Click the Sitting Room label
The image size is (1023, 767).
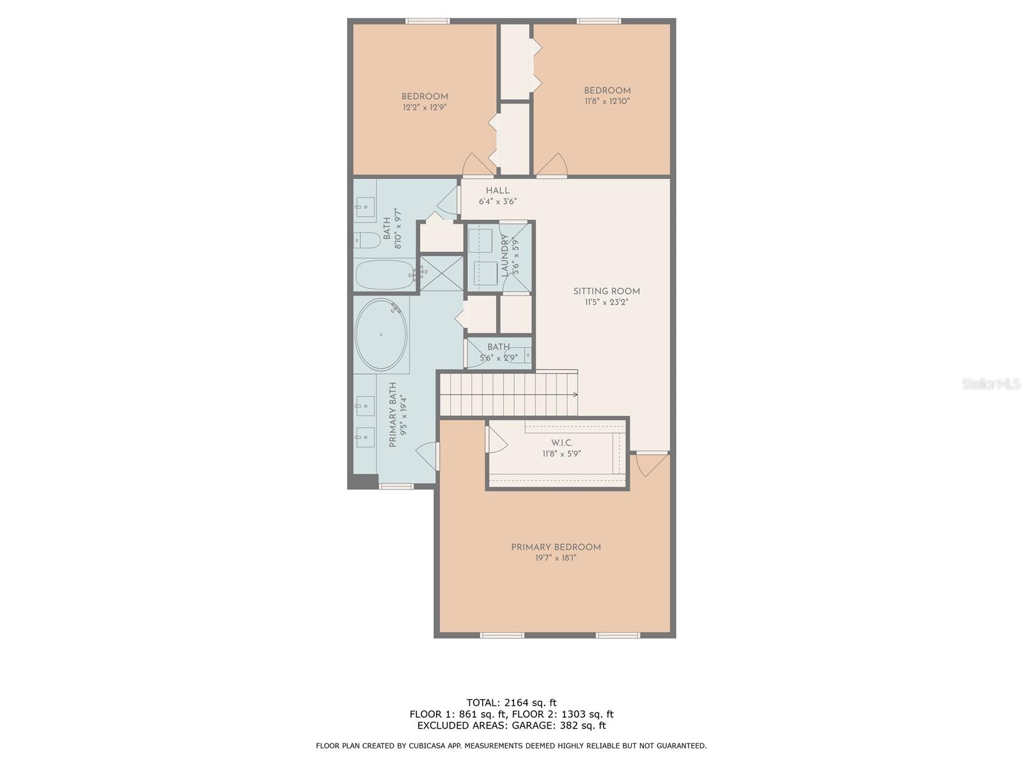[606, 291]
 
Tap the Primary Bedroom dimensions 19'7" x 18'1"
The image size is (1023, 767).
[556, 558]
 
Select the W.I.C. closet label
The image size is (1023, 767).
[561, 443]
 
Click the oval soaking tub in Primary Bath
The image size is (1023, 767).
[381, 335]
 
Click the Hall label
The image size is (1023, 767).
[497, 190]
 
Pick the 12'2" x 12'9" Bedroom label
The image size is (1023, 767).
[425, 97]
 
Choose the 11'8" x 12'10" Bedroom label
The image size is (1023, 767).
[607, 91]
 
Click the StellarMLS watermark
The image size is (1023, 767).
[991, 384]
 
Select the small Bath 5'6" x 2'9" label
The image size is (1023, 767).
[499, 347]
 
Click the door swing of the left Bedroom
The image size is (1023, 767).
[479, 165]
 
